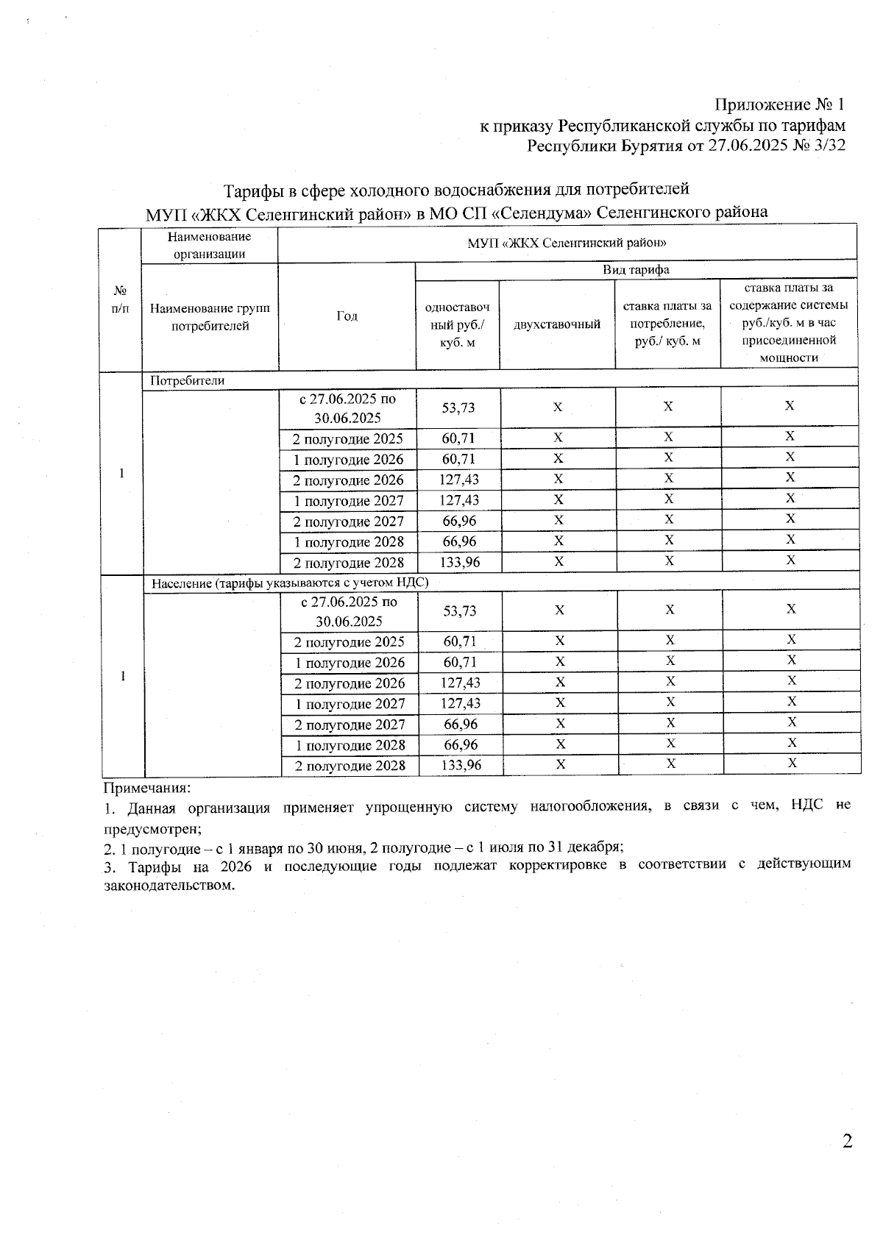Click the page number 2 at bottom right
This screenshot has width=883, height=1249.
coord(846,1142)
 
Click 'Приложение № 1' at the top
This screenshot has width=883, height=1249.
coord(780,105)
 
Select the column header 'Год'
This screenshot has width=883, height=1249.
coord(347,316)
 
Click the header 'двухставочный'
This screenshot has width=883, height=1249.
coord(557,324)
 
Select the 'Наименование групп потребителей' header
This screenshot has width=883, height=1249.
coord(210,317)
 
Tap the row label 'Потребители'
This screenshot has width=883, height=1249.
coord(187,381)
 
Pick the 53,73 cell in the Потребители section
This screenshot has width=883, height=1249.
coord(458,408)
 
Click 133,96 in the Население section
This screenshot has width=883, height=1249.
coord(461,766)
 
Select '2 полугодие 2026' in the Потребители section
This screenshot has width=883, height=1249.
coord(348,480)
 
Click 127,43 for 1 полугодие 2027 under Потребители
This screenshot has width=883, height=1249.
coord(458,501)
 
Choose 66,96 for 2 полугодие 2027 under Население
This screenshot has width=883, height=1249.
coord(461,725)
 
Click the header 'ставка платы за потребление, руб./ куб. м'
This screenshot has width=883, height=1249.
coord(667,324)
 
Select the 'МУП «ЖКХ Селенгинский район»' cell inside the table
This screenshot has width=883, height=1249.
coord(567,242)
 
